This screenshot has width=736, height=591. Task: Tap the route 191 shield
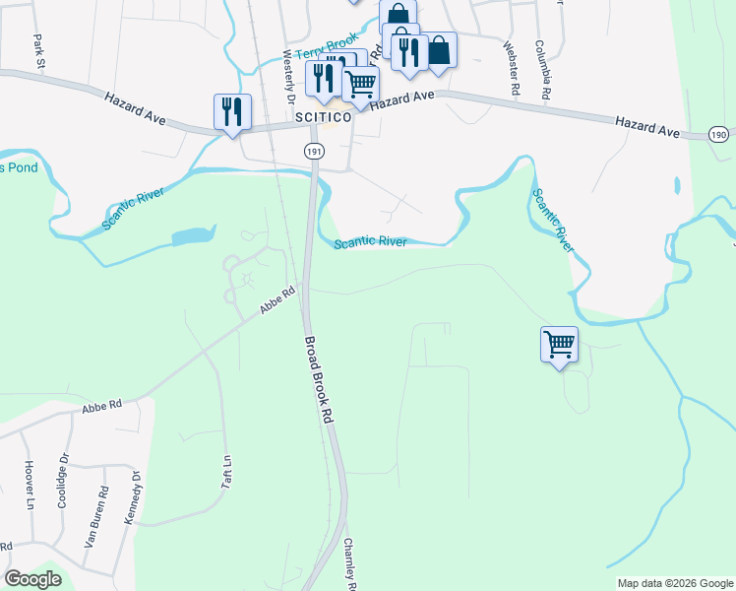[x=313, y=151]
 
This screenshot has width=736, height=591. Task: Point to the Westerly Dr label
[x=289, y=77]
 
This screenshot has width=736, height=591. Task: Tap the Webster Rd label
[x=511, y=68]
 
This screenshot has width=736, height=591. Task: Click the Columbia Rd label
[x=541, y=69]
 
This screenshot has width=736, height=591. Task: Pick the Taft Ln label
[x=226, y=473]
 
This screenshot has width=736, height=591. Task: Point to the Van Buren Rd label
[x=95, y=517]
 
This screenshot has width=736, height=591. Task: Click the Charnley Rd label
[x=348, y=566]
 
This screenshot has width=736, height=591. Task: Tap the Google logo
[x=32, y=579]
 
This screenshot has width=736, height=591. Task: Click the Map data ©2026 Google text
[x=675, y=583]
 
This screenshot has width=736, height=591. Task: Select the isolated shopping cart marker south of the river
[x=559, y=345]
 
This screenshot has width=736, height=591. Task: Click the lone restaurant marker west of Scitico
[x=232, y=110]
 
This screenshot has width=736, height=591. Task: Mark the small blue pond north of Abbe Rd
[x=192, y=236]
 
